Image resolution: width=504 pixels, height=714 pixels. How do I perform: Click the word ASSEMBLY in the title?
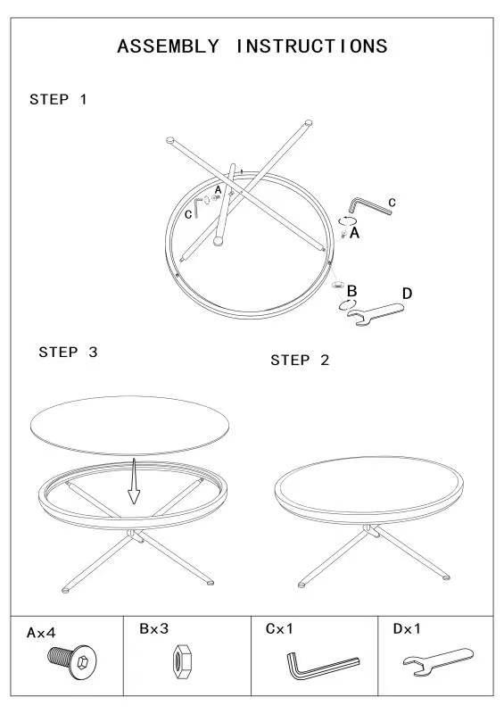point(168,46)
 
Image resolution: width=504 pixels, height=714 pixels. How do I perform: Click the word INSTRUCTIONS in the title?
point(312,46)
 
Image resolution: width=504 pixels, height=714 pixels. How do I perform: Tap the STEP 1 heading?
point(58,99)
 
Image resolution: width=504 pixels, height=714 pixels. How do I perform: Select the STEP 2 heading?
point(300,361)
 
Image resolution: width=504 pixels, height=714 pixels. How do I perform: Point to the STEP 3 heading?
point(68,352)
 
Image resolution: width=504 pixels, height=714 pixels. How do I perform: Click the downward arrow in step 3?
point(134,481)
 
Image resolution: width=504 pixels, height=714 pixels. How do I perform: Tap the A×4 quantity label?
point(41,633)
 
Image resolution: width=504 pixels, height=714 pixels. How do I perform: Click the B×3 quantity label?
point(154,629)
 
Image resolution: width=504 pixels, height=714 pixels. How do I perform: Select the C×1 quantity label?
point(279,629)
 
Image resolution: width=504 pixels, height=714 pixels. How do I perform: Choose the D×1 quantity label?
point(407,629)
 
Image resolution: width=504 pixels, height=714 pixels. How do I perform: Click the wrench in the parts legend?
point(437,660)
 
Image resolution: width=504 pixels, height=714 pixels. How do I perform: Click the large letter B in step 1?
point(351,291)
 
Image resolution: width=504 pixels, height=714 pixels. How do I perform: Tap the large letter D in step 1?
point(407,294)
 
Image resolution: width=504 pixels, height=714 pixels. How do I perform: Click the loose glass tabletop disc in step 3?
point(129,426)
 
